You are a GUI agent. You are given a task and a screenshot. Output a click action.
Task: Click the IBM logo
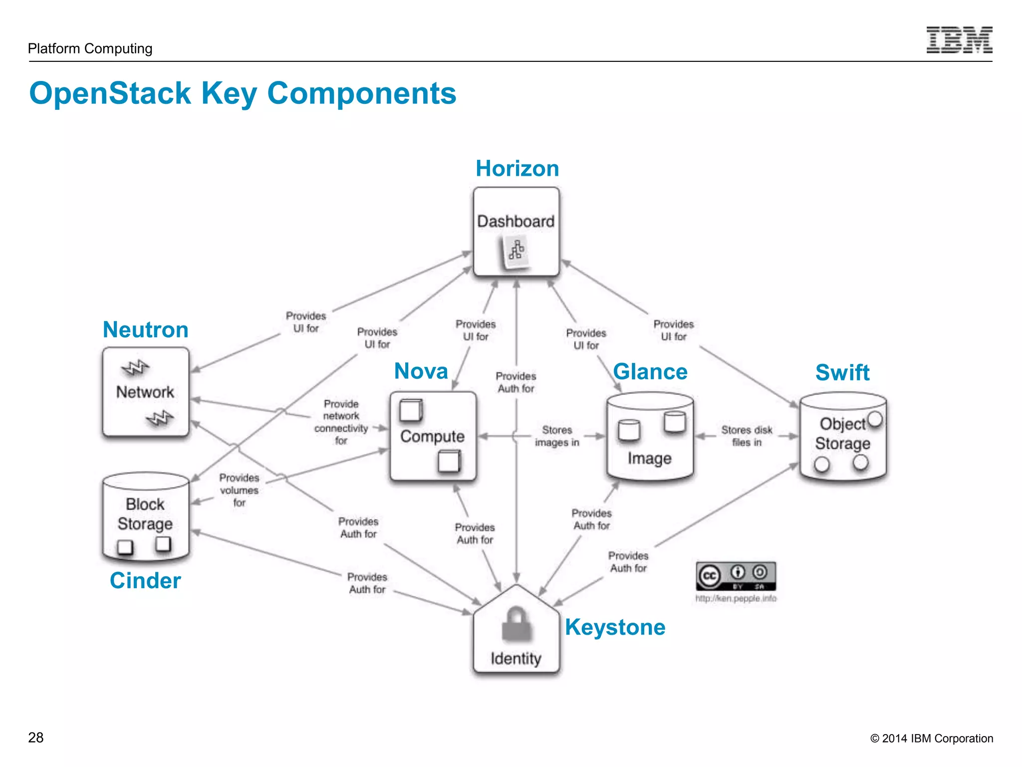(x=959, y=40)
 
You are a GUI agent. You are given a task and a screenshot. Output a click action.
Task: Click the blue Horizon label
(x=517, y=168)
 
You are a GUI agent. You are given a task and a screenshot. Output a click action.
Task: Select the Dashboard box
(x=516, y=231)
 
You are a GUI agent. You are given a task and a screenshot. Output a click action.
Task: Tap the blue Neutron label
(x=145, y=330)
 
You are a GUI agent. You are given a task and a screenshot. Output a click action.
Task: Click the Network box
(x=145, y=392)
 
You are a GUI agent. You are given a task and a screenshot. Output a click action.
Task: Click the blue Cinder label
(x=145, y=580)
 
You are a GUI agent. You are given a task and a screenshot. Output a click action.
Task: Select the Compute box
(x=433, y=436)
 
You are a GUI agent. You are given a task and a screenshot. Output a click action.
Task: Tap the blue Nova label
(x=421, y=371)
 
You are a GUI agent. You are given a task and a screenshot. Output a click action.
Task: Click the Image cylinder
(x=650, y=437)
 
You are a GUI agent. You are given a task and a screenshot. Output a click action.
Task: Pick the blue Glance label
(x=650, y=372)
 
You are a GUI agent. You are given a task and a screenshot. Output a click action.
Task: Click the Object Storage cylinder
(x=843, y=436)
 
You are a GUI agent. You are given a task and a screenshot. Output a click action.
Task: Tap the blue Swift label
(x=842, y=373)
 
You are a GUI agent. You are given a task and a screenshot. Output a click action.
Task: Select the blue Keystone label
(x=615, y=627)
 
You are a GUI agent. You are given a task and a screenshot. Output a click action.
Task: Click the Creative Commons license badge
(x=736, y=576)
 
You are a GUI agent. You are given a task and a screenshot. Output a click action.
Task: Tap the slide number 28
(x=36, y=738)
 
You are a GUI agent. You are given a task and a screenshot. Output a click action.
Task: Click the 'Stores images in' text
(x=557, y=436)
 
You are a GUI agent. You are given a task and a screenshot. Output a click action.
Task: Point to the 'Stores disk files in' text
(x=747, y=436)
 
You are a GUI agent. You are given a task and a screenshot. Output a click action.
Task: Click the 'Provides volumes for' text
(x=239, y=490)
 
